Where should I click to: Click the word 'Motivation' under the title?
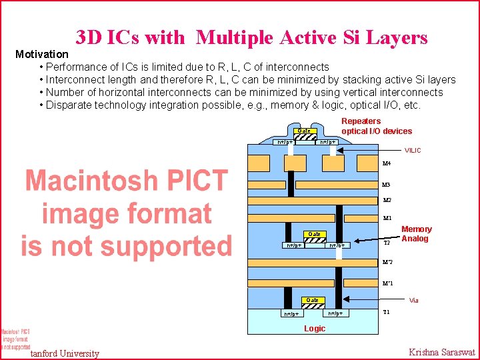[41, 53]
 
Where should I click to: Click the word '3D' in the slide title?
[88, 37]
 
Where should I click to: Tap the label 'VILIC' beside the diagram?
[413, 151]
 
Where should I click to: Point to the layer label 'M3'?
[386, 185]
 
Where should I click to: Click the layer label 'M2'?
[386, 200]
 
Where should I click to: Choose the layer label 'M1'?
[386, 218]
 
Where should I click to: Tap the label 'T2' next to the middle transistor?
[387, 243]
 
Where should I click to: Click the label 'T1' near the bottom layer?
[387, 311]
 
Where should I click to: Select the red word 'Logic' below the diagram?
[315, 329]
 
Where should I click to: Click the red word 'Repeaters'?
[361, 121]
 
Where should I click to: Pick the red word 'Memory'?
[416, 229]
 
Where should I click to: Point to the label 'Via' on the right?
[414, 301]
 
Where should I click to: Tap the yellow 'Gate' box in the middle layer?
[313, 234]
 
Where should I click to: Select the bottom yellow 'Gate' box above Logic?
[313, 300]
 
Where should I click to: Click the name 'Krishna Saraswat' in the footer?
[441, 352]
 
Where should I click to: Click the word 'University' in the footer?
[79, 353]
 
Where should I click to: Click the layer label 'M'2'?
[387, 263]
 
